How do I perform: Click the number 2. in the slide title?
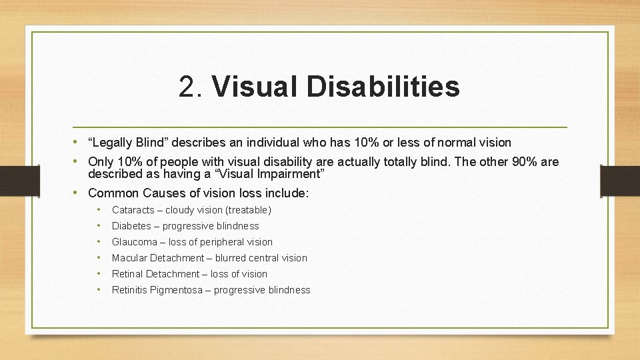[x=192, y=87]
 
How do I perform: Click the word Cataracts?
[x=133, y=210]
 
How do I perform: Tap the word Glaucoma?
[x=134, y=242]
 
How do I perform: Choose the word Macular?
[x=129, y=258]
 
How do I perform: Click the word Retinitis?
[x=131, y=290]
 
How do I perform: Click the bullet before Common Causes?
[x=79, y=193]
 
